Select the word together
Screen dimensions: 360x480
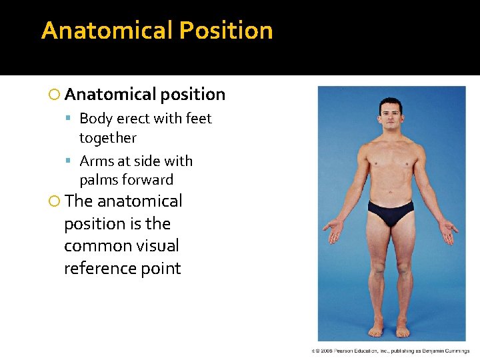click(x=107, y=138)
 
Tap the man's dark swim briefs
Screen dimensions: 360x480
click(x=390, y=212)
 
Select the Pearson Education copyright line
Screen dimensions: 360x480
click(x=390, y=350)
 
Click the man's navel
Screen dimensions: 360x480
click(x=390, y=188)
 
